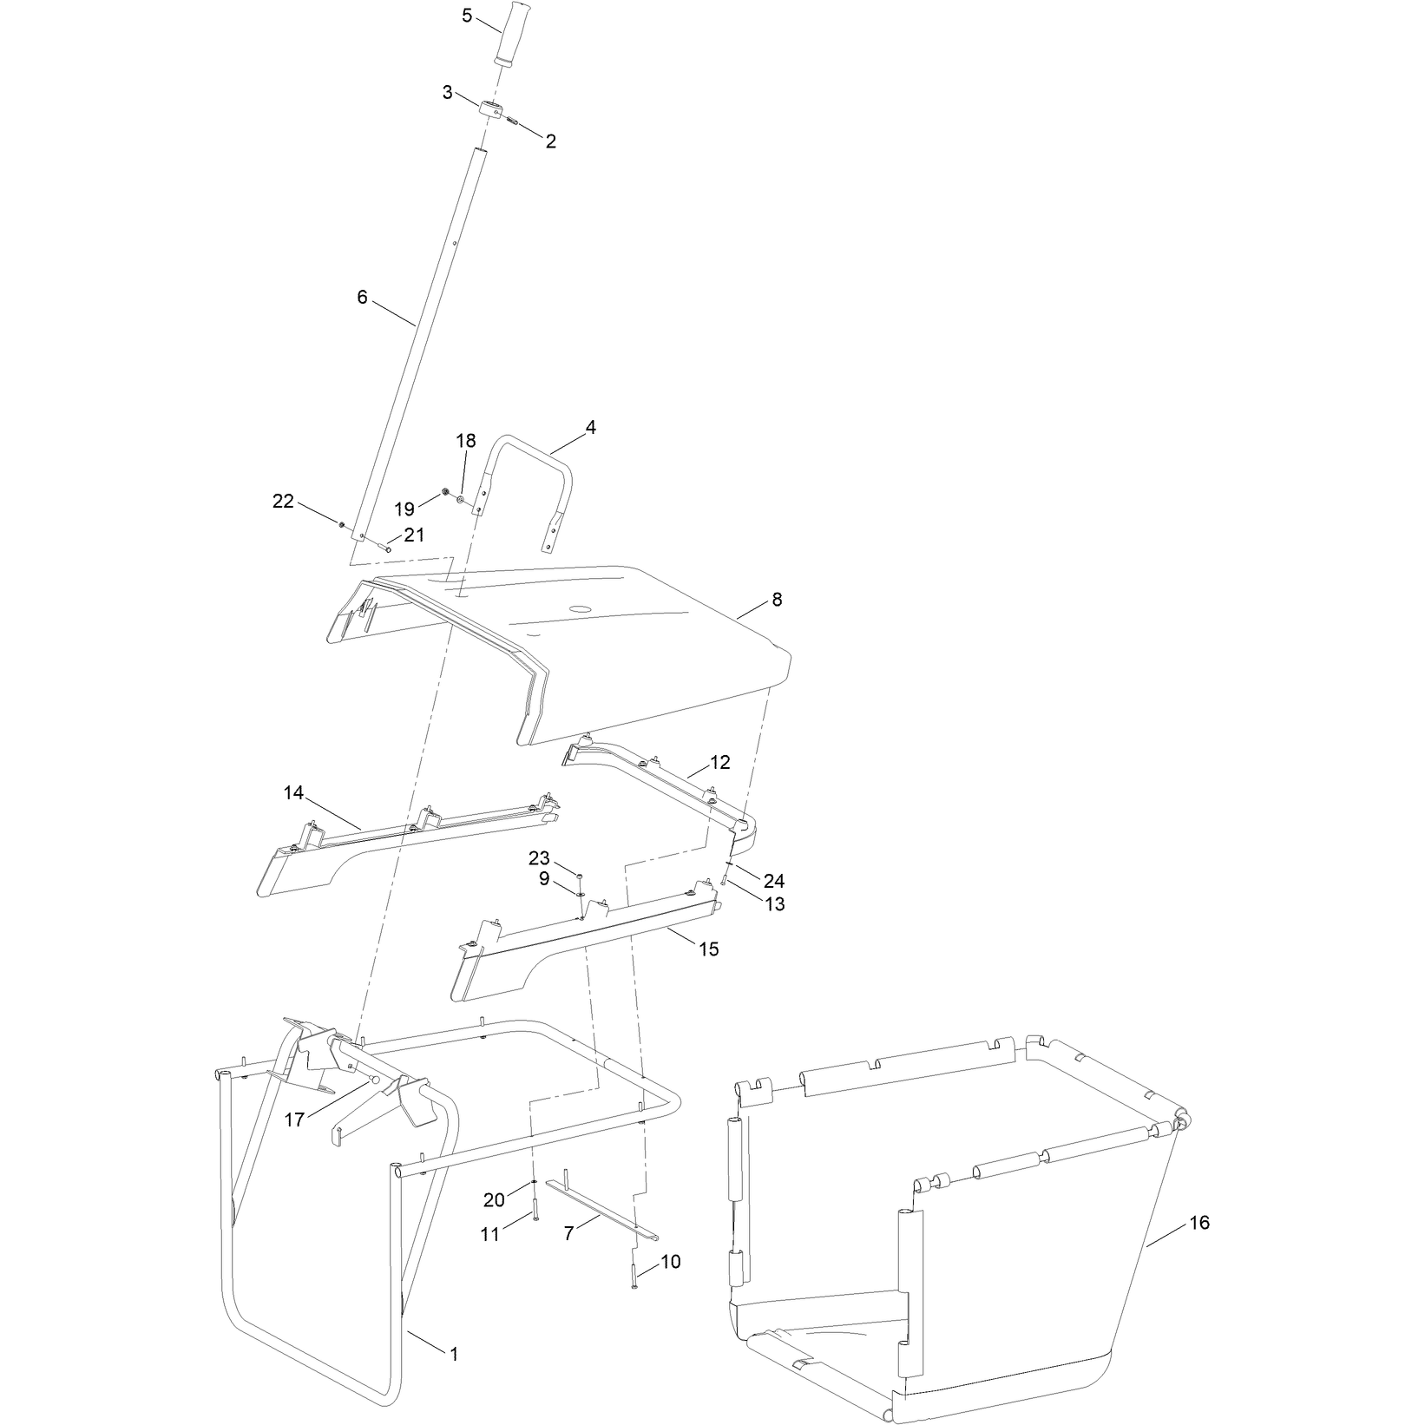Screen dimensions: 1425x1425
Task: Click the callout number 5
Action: click(x=468, y=16)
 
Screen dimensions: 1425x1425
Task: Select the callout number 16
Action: click(x=1200, y=1223)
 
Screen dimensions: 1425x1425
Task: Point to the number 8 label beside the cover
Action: click(x=776, y=600)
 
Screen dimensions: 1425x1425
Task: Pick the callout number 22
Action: click(x=283, y=501)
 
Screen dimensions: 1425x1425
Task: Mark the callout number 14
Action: click(x=293, y=792)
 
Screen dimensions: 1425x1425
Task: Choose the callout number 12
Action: click(x=719, y=762)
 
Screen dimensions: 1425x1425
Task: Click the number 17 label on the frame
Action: click(x=294, y=1120)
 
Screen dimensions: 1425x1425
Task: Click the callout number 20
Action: click(x=494, y=1200)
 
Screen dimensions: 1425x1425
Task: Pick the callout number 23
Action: click(x=540, y=858)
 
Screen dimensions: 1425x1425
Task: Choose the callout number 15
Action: click(x=709, y=949)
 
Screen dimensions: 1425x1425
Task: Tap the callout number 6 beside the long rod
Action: click(x=363, y=298)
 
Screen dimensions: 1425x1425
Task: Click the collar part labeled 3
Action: click(x=491, y=112)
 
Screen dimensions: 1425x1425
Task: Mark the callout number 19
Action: click(x=405, y=509)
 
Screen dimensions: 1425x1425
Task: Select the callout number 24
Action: click(x=774, y=881)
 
